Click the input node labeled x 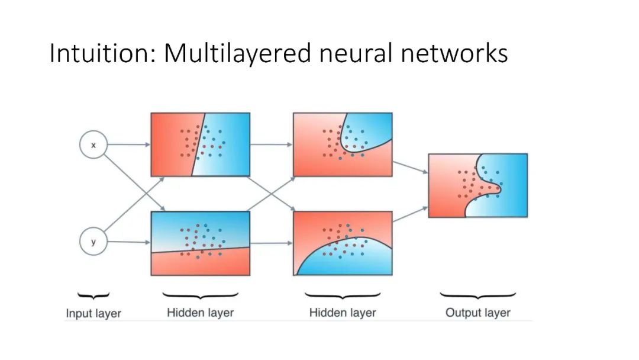93,144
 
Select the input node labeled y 93,242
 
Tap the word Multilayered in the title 237,53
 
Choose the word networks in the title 453,53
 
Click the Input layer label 93,313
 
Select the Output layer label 477,313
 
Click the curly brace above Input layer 93,294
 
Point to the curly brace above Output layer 477,294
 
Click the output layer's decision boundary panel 477,185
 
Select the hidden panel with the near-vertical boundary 200,144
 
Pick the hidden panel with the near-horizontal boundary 200,243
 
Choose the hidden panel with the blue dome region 343,243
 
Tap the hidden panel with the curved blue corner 343,144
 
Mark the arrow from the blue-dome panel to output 410,214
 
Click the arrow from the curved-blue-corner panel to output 410,165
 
